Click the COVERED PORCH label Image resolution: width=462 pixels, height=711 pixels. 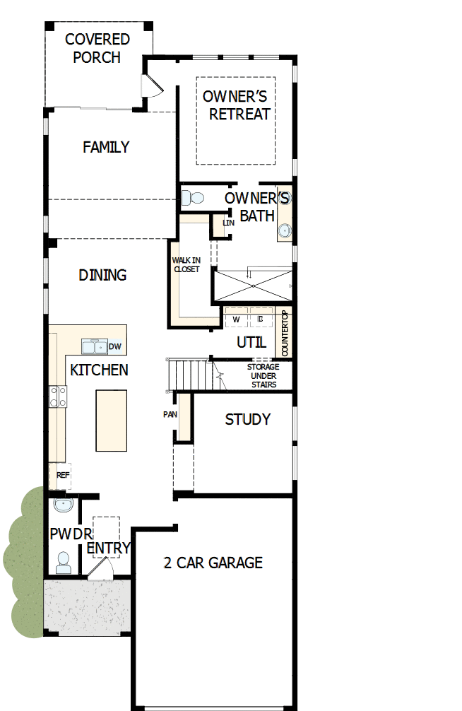[97, 48]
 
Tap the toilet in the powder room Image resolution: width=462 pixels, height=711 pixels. [64, 561]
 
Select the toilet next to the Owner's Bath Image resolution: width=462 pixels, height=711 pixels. [194, 198]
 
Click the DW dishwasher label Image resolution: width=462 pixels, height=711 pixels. [114, 346]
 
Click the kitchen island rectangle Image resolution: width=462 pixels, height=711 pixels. [112, 420]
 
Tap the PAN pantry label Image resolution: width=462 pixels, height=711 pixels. [170, 414]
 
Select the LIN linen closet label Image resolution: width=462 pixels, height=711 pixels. [227, 223]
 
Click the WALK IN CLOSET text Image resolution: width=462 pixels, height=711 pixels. [186, 264]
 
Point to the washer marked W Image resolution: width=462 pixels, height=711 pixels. [236, 319]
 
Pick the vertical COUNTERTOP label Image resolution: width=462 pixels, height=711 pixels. [285, 333]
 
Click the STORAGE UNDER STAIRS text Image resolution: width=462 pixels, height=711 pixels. [263, 376]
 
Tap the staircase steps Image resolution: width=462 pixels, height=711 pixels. [189, 373]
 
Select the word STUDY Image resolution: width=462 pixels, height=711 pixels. [247, 419]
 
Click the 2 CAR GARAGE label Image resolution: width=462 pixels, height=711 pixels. [213, 563]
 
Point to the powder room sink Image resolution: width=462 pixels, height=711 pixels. [64, 506]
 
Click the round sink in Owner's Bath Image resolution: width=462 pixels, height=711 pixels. [285, 230]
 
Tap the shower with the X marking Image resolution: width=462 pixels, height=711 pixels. [252, 285]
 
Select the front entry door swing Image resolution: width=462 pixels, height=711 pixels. [99, 565]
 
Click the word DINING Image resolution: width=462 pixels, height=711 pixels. [102, 275]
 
